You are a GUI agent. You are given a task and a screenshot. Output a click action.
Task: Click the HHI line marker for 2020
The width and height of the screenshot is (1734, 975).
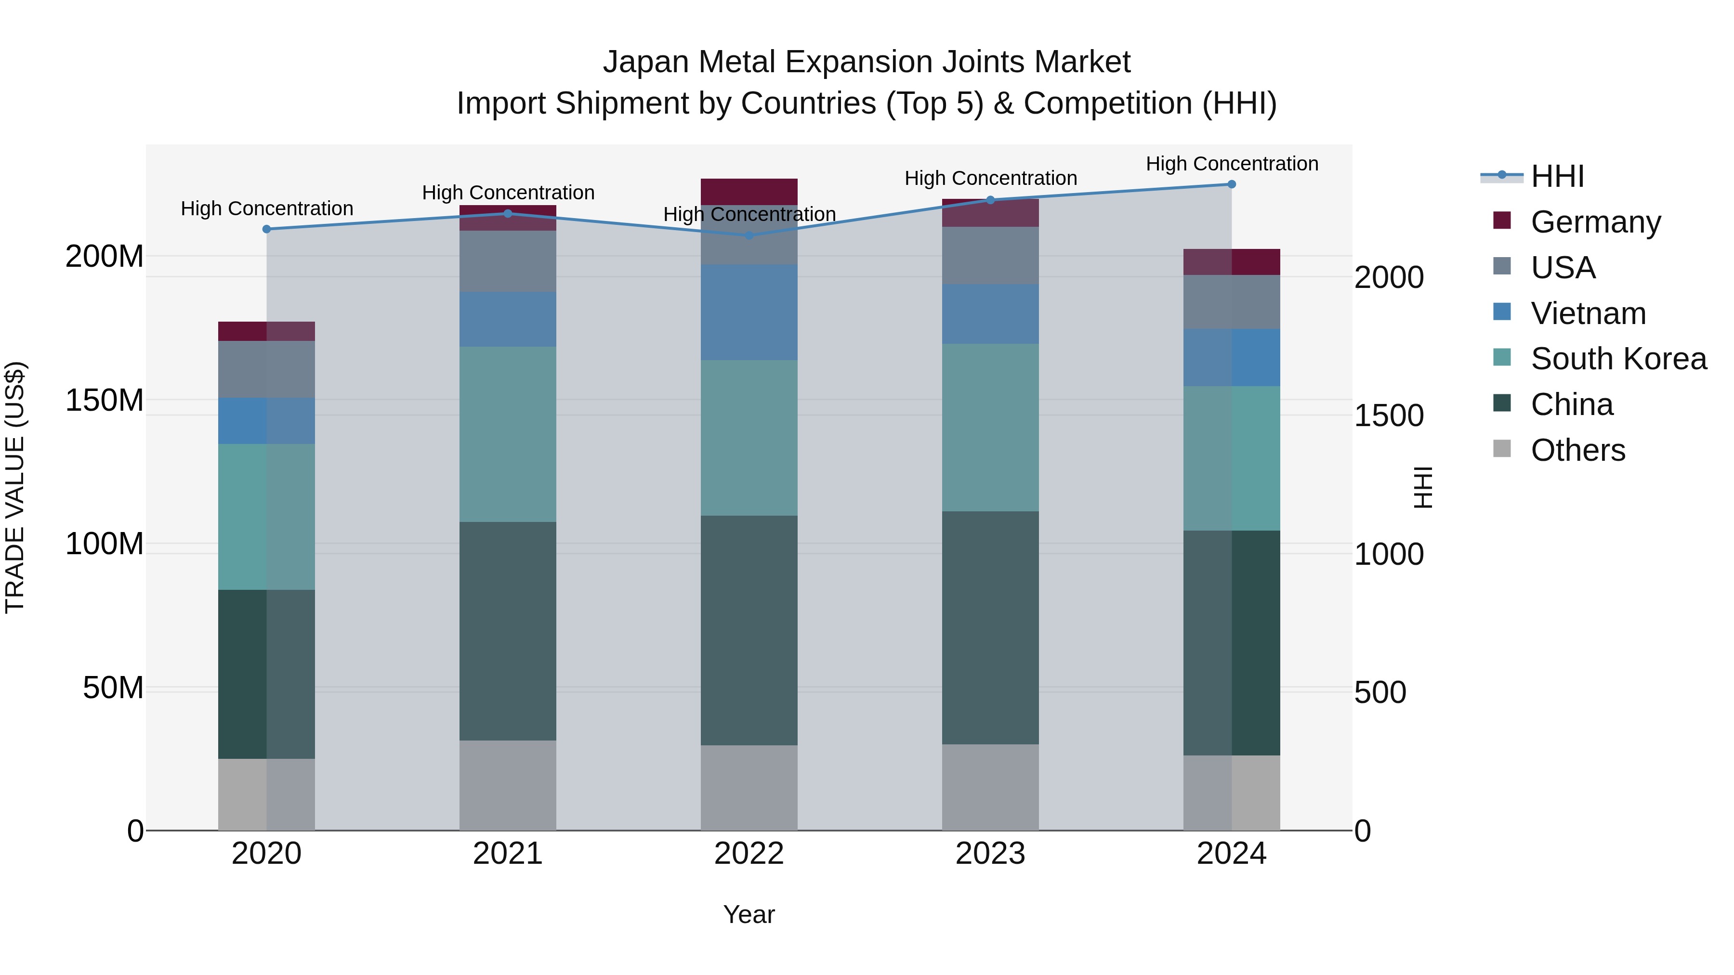266,229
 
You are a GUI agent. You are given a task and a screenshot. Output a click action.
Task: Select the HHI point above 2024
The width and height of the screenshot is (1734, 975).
1231,184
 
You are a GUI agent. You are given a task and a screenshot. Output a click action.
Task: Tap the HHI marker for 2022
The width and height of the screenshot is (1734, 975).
749,235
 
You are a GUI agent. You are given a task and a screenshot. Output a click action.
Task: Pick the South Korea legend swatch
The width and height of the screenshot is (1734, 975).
1502,357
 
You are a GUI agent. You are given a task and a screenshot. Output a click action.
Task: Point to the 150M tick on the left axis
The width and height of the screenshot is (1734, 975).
105,401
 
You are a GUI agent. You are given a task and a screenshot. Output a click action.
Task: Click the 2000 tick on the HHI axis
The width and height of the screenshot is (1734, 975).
1388,277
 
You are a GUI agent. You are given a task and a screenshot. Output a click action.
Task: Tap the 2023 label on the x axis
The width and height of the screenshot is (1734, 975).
990,854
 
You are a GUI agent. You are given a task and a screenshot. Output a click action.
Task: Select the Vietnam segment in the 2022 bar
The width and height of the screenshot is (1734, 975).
749,312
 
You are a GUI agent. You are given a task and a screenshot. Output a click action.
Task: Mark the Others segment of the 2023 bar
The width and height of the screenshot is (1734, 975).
990,787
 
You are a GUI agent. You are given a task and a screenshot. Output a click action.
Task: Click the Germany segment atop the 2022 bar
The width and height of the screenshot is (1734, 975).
749,191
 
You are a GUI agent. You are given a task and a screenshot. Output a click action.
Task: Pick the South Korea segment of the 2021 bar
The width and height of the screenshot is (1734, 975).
508,434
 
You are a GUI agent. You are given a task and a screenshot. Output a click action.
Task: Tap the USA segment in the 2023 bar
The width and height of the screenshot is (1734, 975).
990,255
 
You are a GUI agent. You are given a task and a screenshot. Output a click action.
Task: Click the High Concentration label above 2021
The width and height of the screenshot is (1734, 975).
508,193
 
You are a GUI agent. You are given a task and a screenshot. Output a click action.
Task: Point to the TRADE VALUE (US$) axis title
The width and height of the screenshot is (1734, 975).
15,487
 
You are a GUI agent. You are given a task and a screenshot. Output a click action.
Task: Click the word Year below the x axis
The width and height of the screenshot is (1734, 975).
749,914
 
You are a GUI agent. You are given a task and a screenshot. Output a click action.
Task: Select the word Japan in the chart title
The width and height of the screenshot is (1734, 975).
645,62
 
